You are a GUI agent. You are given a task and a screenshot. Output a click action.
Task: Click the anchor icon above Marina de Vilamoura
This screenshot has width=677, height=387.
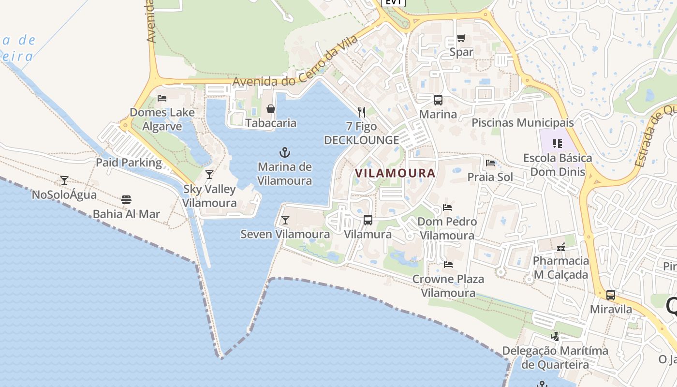tap(285, 153)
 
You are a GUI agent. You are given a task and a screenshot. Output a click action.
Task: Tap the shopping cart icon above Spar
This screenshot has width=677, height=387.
tap(461, 38)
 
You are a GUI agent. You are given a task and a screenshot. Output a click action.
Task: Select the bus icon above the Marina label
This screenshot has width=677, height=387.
tap(438, 100)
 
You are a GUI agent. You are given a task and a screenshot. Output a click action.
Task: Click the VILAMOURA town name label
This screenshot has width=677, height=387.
tap(395, 173)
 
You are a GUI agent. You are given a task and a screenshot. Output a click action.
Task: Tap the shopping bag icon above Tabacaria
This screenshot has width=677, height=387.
tap(271, 109)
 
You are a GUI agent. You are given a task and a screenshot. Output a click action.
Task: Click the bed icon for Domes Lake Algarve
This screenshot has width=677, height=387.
tap(162, 98)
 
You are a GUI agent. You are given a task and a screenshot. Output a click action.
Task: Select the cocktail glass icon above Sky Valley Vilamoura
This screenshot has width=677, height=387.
tap(209, 175)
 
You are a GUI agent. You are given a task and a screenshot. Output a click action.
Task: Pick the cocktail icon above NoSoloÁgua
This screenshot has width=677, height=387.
tap(64, 180)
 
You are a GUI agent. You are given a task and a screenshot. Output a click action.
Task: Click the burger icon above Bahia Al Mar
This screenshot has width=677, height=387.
tap(126, 200)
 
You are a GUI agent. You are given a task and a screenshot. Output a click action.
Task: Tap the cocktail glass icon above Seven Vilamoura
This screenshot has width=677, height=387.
tap(285, 220)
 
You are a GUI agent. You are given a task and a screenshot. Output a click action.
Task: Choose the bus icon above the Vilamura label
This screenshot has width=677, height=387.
tap(368, 220)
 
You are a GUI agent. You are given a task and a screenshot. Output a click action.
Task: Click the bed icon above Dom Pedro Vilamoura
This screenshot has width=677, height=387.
tap(447, 208)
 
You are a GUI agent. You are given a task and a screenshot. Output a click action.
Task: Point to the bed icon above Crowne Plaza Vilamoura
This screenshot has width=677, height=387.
tap(448, 265)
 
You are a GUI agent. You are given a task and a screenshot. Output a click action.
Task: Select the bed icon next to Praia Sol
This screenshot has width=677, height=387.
tap(490, 163)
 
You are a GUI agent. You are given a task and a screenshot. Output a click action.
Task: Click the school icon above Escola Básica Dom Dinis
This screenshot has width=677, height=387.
tap(558, 144)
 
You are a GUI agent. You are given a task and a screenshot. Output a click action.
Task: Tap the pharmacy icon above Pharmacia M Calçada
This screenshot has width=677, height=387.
tap(561, 247)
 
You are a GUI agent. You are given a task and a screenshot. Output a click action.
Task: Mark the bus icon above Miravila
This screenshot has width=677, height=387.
tap(611, 295)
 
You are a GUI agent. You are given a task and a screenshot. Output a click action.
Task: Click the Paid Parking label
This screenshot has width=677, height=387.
tap(129, 163)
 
